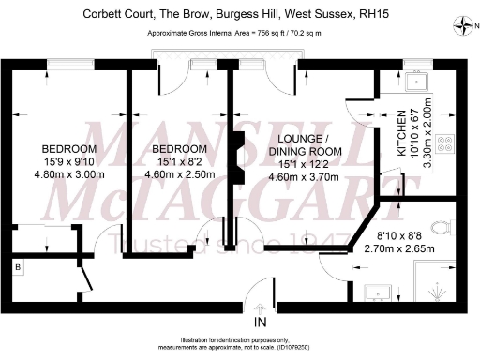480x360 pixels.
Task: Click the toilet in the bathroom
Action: click(443, 227)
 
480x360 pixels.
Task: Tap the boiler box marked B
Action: click(18, 268)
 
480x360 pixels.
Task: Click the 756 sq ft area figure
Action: click(275, 33)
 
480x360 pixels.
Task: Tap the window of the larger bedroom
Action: click(68, 63)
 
